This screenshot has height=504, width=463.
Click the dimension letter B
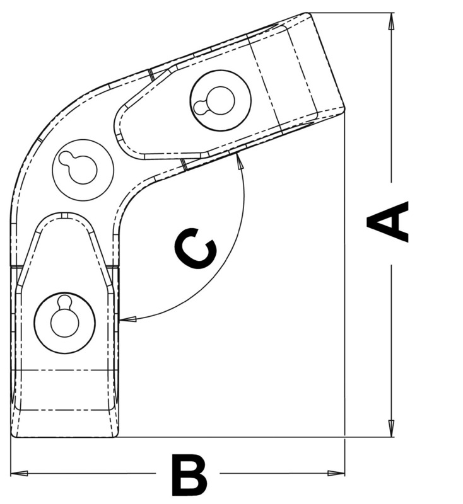(x=189, y=476)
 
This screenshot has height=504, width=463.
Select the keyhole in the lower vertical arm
(x=64, y=318)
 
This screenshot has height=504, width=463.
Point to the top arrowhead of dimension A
(x=392, y=20)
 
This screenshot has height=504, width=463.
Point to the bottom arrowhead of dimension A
(x=392, y=429)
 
